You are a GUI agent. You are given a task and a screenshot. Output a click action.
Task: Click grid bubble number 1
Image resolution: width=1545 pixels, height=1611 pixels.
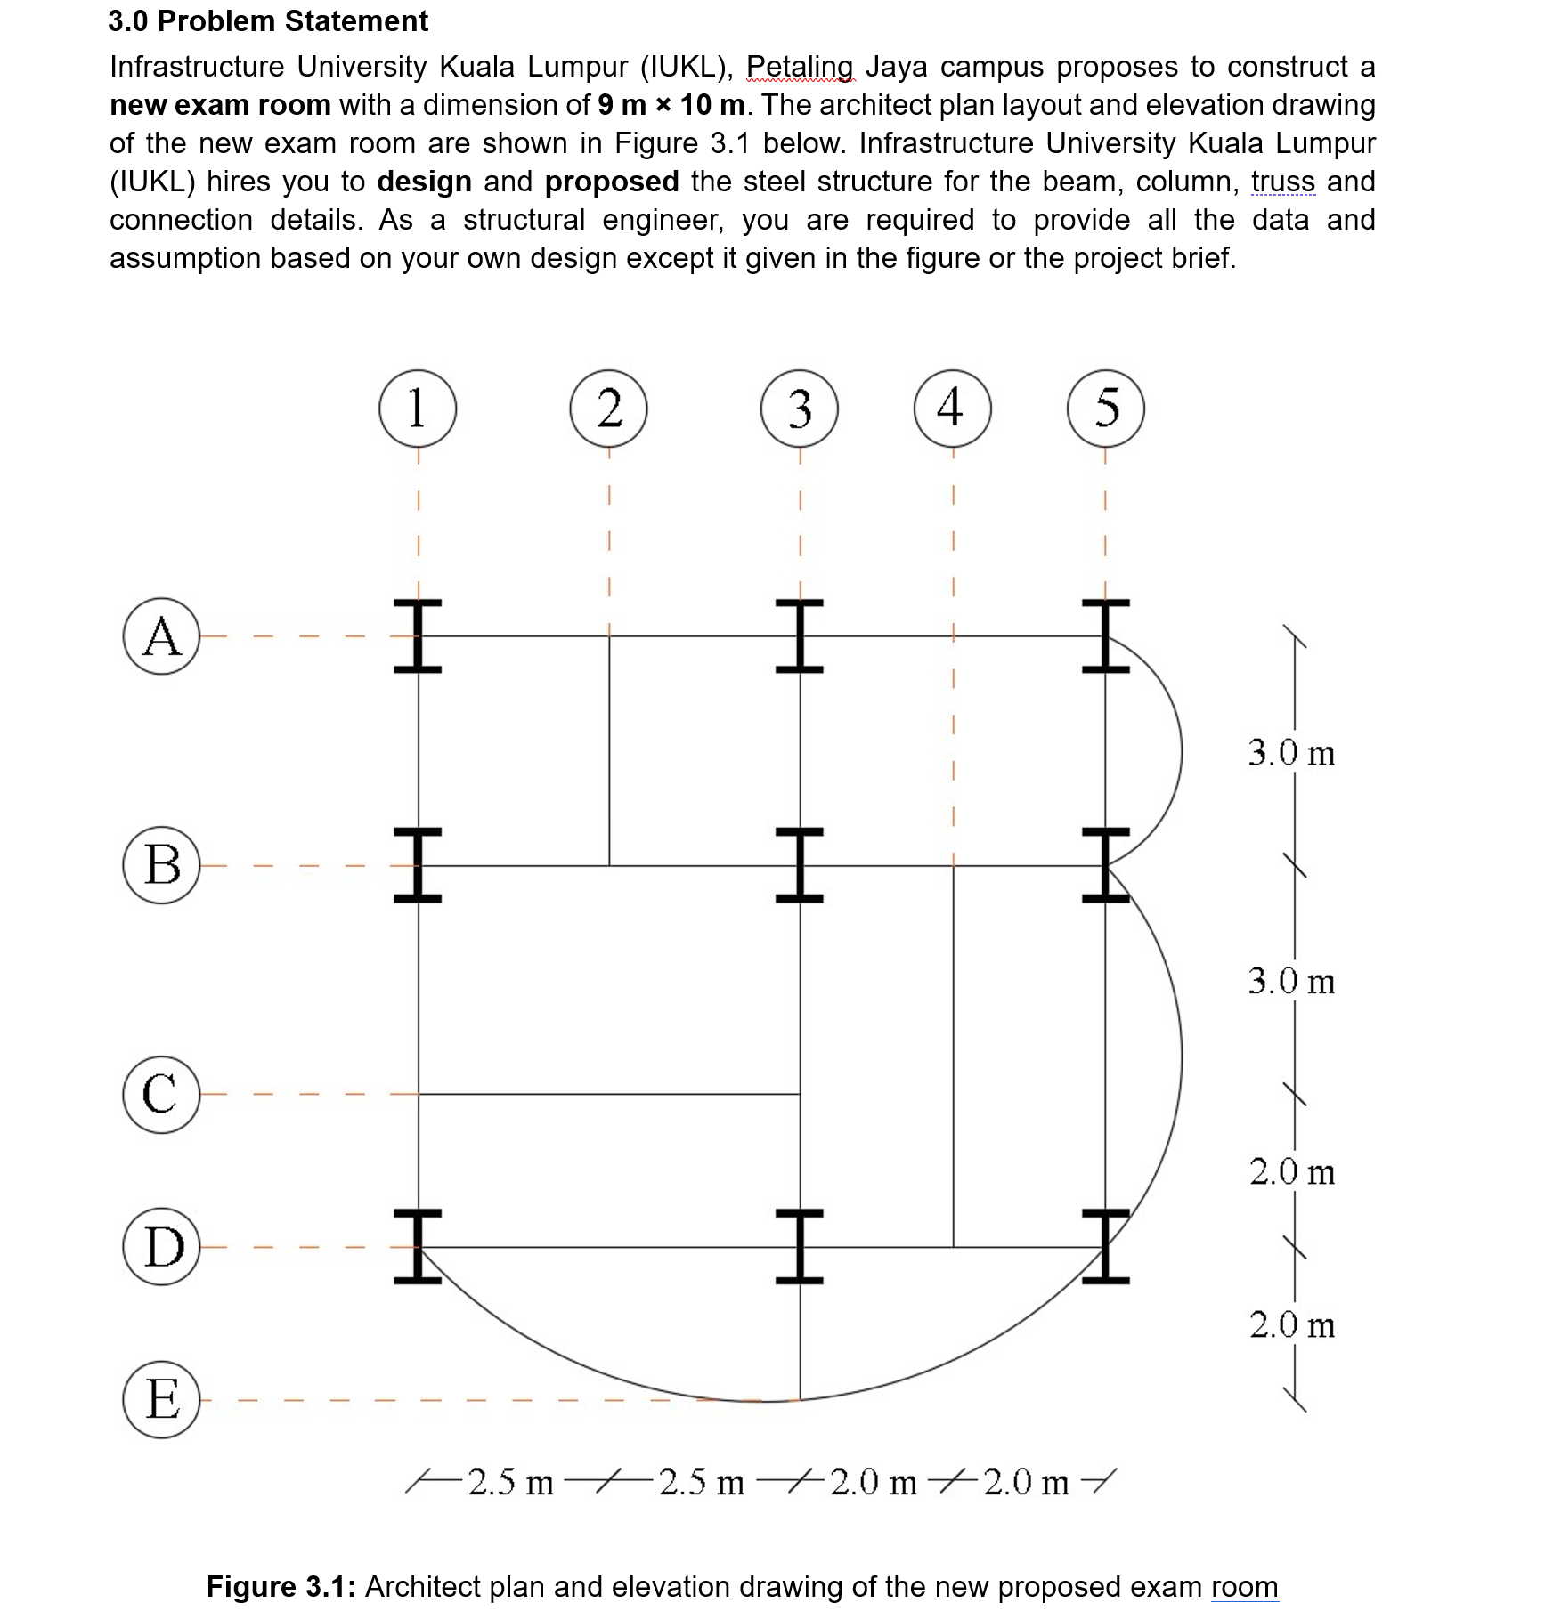pos(418,409)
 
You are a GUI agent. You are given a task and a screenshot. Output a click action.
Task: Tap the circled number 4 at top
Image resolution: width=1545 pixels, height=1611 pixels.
pos(952,409)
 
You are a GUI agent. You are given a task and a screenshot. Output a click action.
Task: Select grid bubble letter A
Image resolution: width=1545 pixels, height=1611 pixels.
pos(161,636)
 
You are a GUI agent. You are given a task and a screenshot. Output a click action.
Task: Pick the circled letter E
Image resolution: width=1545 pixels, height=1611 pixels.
pos(161,1399)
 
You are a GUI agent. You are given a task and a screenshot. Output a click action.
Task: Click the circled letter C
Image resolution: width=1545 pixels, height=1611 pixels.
pos(161,1094)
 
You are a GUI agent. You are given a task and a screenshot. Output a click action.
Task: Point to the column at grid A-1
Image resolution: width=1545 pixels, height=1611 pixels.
pos(418,636)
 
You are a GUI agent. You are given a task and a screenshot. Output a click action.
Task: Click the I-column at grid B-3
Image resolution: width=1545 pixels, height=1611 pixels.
pos(799,865)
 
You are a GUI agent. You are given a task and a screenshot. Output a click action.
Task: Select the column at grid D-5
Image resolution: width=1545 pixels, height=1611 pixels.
pos(1105,1246)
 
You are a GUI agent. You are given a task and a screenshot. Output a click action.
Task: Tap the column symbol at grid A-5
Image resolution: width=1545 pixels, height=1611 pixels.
pos(1105,636)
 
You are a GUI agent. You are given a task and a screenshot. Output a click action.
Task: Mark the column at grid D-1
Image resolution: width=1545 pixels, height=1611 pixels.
pos(418,1246)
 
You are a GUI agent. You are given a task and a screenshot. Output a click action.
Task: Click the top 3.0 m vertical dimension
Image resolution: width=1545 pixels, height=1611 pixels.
pos(1291,753)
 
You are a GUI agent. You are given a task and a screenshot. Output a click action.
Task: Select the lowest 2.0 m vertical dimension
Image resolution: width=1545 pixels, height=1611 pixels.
pos(1291,1324)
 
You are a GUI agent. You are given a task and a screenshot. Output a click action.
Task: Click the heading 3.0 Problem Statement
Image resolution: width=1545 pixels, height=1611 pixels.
pos(268,21)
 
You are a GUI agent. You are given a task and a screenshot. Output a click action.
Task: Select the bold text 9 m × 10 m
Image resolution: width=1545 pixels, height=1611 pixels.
pos(671,105)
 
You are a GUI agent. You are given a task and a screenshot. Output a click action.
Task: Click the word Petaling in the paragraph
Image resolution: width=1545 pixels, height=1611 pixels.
pos(799,67)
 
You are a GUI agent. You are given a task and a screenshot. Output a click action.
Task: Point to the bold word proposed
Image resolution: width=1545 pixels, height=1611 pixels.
pos(612,182)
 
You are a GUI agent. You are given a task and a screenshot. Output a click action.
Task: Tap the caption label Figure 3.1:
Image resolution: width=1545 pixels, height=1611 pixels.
pos(281,1586)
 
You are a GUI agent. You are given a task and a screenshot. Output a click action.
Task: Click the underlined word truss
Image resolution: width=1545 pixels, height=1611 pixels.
pos(1282,182)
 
